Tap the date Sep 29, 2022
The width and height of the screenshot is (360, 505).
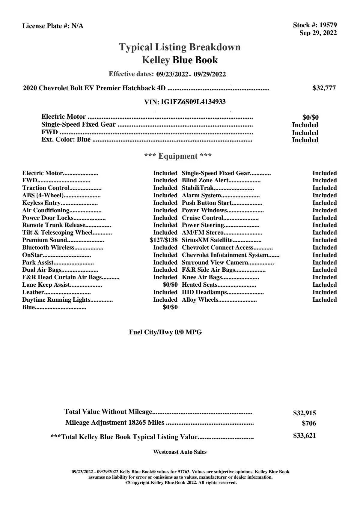[318, 33]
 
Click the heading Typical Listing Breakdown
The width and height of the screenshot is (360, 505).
[180, 47]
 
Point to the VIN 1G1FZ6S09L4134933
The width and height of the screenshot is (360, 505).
[193, 102]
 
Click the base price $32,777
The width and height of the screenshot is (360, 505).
[324, 88]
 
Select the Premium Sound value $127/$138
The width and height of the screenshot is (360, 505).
[164, 240]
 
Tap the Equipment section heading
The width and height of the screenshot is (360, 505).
[178, 156]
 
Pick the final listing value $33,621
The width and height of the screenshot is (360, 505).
[304, 436]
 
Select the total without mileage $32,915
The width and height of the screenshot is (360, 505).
[304, 413]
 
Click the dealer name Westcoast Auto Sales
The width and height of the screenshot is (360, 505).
[180, 452]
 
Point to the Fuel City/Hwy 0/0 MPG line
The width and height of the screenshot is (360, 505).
[165, 332]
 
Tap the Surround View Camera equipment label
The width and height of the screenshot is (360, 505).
[215, 263]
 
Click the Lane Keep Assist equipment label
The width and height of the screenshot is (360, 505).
[46, 285]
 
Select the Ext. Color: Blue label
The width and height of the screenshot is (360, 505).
[66, 140]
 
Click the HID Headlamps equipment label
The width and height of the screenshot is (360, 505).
[204, 292]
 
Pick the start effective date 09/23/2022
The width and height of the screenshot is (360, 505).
[172, 74]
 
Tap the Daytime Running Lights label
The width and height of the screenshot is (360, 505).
[56, 300]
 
